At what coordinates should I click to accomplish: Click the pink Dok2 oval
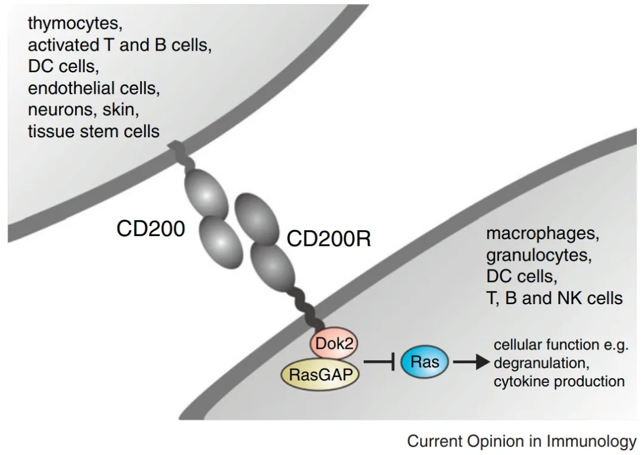pyautogui.click(x=333, y=343)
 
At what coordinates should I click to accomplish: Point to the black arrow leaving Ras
pyautogui.click(x=471, y=362)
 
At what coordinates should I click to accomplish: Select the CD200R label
pyautogui.click(x=329, y=239)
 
